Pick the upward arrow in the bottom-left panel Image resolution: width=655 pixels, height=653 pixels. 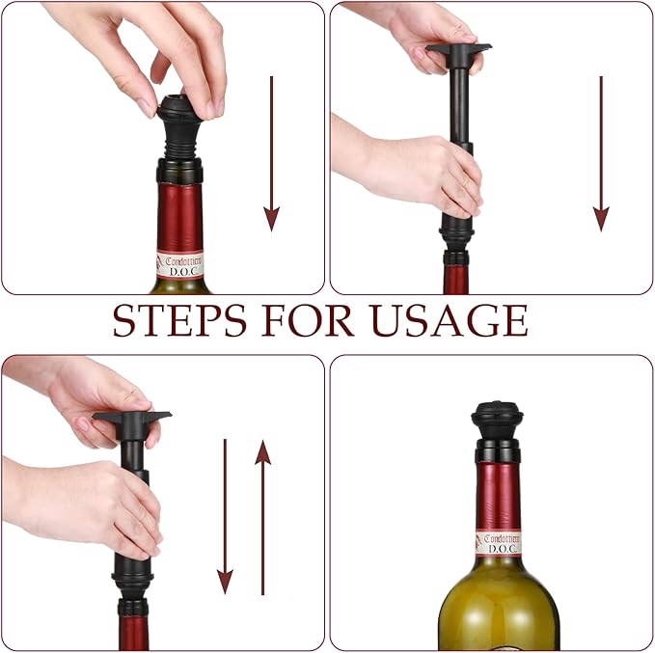click(262, 516)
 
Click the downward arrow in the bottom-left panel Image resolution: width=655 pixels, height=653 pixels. click(225, 516)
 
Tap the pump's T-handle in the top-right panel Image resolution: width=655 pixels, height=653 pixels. click(458, 48)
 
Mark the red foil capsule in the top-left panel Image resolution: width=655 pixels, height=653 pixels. click(180, 217)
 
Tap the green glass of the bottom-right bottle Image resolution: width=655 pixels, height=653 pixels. click(499, 608)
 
